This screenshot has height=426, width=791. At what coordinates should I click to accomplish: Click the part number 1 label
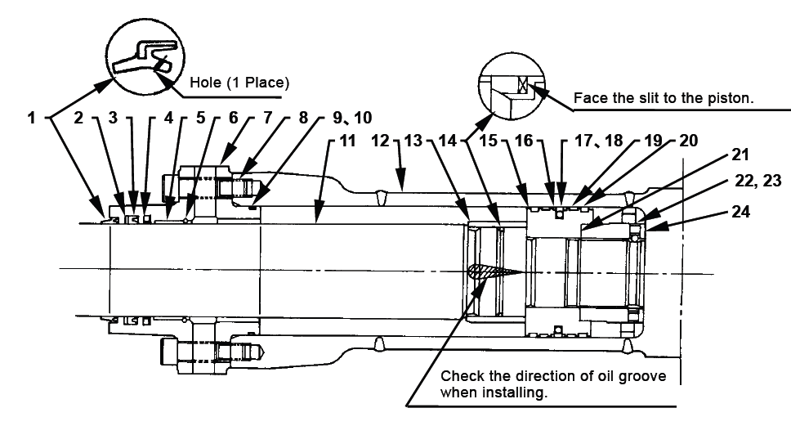pyautogui.click(x=32, y=118)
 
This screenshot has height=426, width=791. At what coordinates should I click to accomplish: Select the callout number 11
pyautogui.click(x=347, y=141)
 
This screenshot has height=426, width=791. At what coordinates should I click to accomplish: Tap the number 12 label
pyautogui.click(x=380, y=141)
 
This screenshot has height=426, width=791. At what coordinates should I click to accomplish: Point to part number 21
pyautogui.click(x=740, y=155)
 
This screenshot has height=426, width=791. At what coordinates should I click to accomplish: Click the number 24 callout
pyautogui.click(x=740, y=212)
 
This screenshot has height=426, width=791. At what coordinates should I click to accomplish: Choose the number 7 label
pyautogui.click(x=267, y=118)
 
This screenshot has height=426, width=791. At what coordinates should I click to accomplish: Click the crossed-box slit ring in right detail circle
pyautogui.click(x=523, y=85)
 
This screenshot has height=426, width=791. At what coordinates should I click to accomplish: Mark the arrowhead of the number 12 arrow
pyautogui.click(x=400, y=184)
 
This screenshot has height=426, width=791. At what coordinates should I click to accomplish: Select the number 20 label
pyautogui.click(x=689, y=141)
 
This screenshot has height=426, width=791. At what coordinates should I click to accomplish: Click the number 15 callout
pyautogui.click(x=488, y=141)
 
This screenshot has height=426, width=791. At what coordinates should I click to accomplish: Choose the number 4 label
pyautogui.click(x=168, y=118)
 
